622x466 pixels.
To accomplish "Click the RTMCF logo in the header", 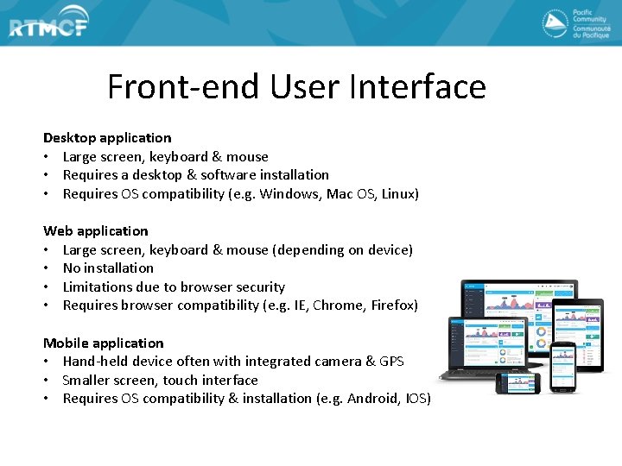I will pos(48,26).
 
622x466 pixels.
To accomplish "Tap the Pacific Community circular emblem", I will pos(555,23).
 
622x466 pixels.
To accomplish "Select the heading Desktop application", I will pos(107,138).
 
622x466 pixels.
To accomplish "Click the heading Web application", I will pos(96,231).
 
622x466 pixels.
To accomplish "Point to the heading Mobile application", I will pos(103,343).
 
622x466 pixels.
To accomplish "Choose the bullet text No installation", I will pos(108,268).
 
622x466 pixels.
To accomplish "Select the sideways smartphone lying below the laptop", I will pos(517,382).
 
